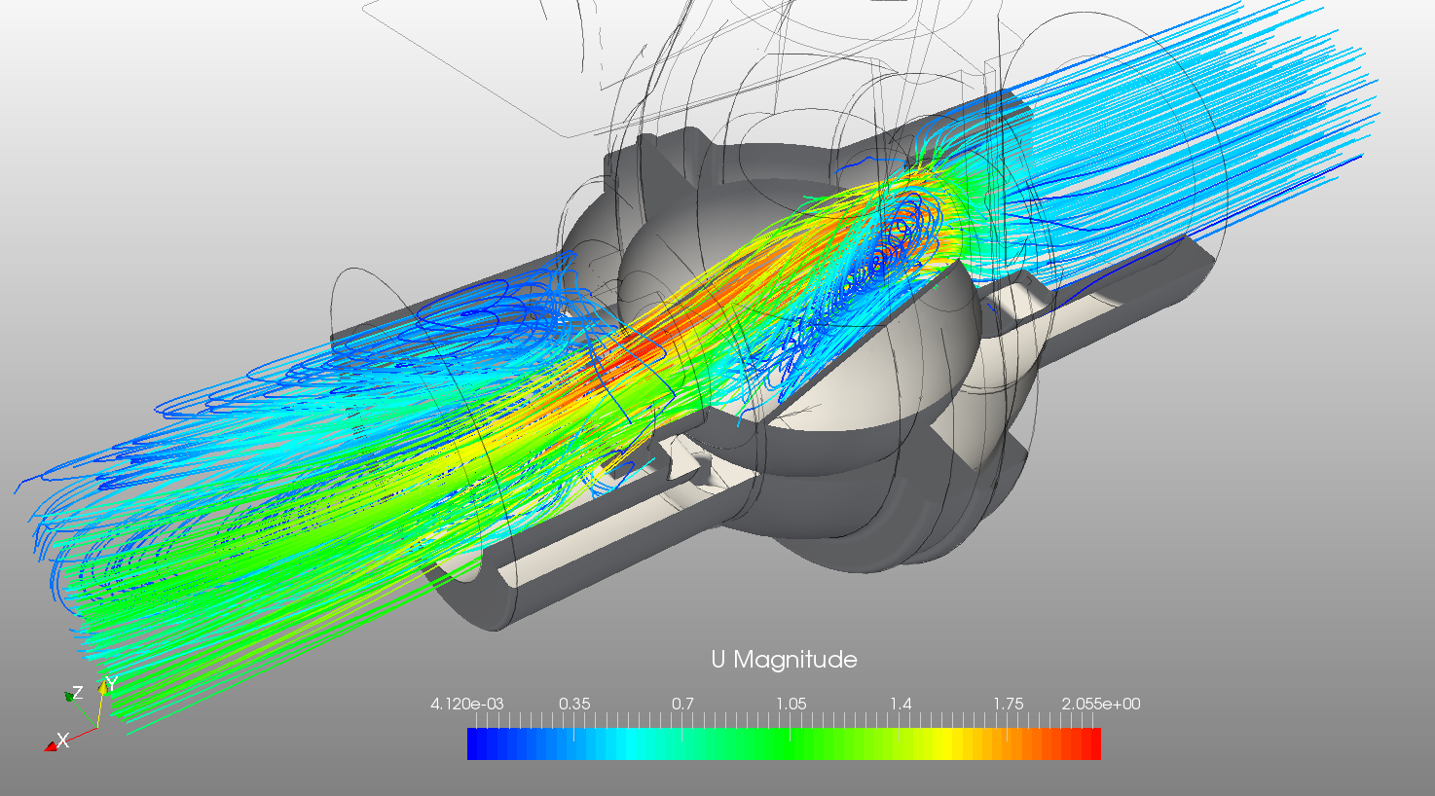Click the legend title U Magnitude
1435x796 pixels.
coord(784,660)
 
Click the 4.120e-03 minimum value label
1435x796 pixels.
coord(467,705)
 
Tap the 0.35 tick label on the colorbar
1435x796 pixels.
coord(574,704)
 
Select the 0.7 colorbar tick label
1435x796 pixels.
coord(682,704)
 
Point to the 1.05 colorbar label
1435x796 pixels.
coord(791,704)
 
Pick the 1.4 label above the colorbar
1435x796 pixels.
coord(901,704)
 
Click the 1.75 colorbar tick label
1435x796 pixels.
coord(1009,704)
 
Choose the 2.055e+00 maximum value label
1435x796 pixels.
coord(1101,705)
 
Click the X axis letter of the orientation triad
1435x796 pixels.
coord(62,741)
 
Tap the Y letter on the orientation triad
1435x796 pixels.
coord(111,684)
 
